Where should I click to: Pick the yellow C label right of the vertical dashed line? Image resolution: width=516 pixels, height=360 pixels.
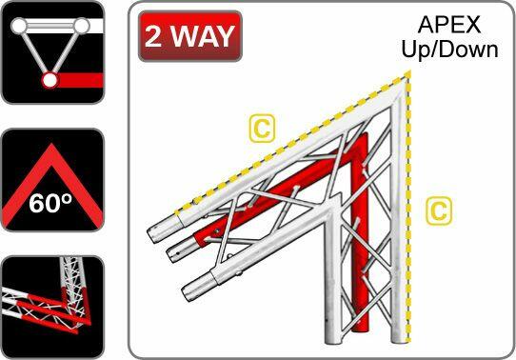437,210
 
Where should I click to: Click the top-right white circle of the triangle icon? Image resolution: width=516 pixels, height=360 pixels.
83,25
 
